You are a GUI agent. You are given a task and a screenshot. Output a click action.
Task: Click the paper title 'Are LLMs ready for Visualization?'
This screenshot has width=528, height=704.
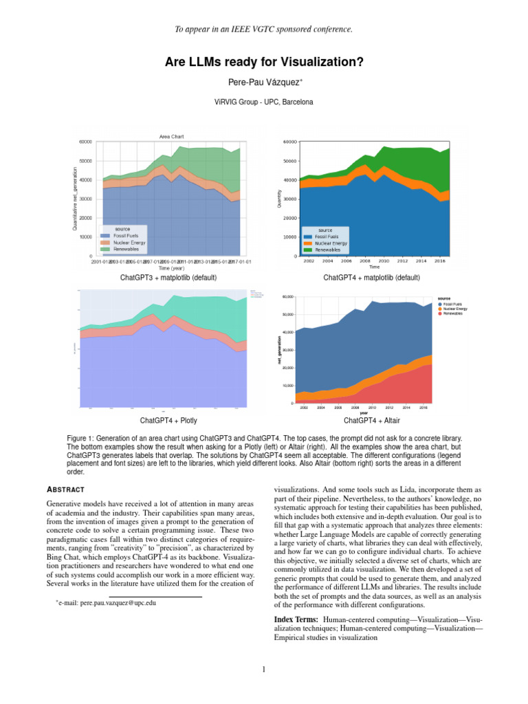tap(264, 63)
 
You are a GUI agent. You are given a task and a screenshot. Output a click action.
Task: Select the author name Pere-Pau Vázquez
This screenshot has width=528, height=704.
tap(263, 83)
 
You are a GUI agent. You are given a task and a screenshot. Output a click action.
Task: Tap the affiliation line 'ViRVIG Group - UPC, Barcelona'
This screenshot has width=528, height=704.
tap(264, 102)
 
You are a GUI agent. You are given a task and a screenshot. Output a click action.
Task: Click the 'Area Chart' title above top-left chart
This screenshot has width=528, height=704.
tap(171, 136)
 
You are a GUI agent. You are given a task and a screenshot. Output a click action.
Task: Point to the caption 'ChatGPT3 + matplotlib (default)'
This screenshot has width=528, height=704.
tap(168, 278)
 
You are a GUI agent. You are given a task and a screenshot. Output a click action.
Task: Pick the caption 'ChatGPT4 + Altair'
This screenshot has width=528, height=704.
tap(371, 420)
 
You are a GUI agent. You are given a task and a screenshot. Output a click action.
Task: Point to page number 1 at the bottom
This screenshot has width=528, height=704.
tap(264, 670)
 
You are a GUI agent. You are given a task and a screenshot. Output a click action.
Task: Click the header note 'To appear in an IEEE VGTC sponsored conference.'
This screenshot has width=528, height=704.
tap(264, 29)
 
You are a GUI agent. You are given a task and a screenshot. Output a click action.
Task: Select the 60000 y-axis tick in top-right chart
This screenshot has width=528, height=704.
tap(289, 142)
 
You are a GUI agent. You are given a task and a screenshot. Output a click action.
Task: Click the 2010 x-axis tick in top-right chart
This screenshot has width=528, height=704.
tap(384, 261)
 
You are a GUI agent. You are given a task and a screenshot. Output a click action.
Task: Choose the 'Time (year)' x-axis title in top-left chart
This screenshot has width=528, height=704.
tap(171, 268)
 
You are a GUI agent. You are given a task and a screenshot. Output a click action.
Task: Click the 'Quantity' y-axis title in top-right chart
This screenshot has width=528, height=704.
tap(280, 199)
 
